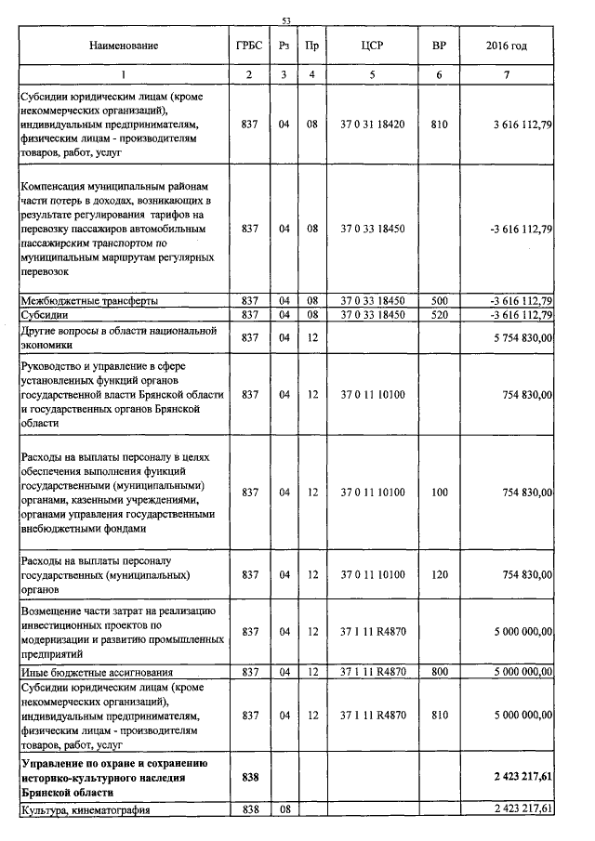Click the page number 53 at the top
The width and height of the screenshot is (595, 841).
(x=286, y=20)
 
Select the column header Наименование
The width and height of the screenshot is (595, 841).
(x=124, y=45)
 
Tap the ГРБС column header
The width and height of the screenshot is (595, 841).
(x=249, y=45)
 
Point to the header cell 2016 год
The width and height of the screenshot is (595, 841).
(x=507, y=45)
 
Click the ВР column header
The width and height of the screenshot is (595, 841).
(x=439, y=45)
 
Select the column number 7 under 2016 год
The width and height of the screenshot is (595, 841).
(x=507, y=73)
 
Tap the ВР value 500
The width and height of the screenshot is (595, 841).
(x=439, y=300)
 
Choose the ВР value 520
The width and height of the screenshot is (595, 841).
(x=439, y=314)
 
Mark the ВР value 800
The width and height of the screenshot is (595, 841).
(x=439, y=671)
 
